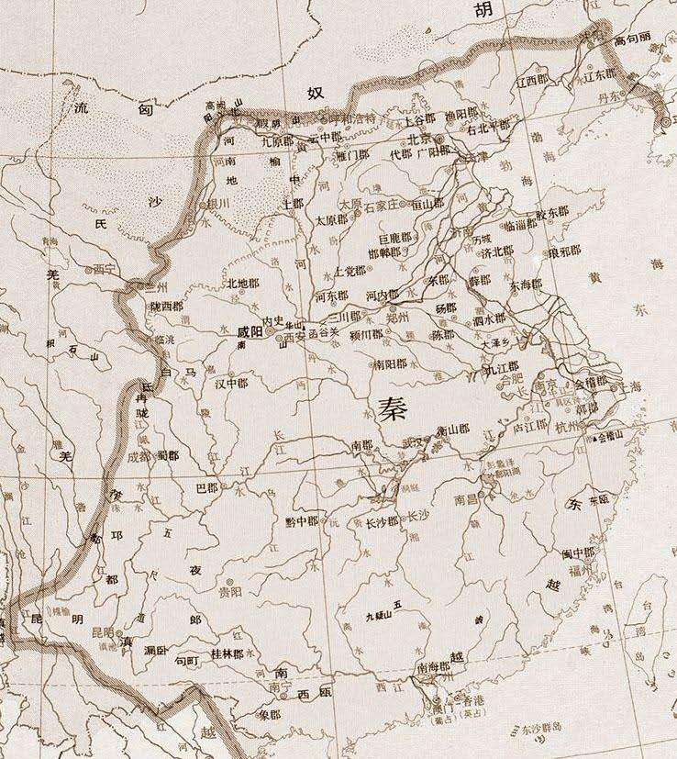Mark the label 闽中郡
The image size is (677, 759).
point(578,553)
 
